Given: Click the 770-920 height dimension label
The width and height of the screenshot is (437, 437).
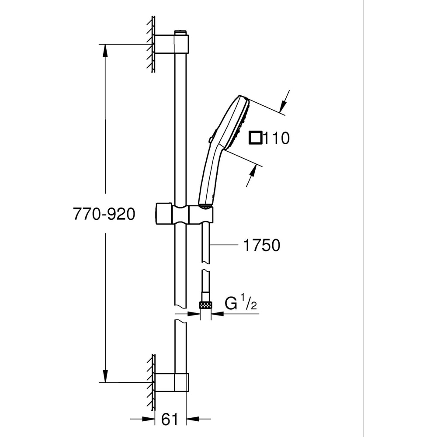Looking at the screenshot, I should [104, 214].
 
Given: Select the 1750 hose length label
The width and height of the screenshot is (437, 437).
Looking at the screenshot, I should [261, 245].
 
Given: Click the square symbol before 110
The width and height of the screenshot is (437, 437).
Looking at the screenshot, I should [255, 138].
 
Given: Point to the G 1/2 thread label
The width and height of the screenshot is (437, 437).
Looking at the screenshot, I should [240, 304].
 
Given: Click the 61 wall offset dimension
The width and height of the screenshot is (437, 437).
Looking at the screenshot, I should [170, 420].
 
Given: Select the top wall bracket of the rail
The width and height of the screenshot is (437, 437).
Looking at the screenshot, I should [171, 45].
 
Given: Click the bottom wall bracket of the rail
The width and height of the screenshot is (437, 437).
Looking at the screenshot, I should [171, 382].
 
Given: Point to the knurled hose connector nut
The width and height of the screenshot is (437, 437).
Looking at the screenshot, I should [205, 305].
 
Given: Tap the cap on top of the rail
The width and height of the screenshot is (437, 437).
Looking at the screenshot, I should [180, 32].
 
